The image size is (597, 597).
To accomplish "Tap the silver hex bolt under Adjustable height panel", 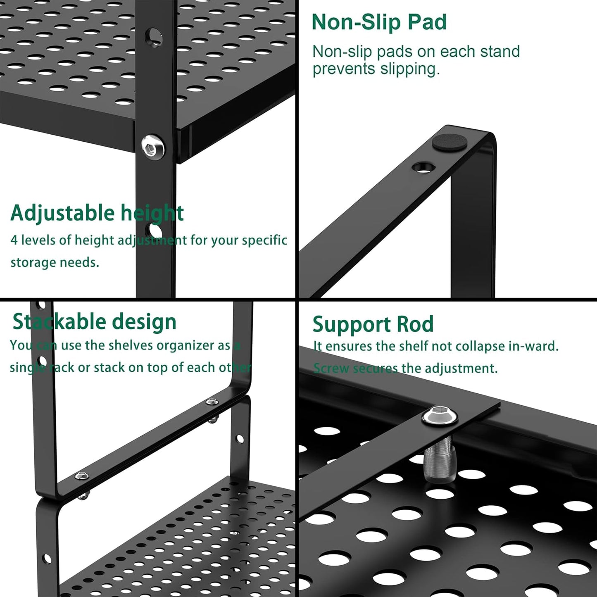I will [x=152, y=146].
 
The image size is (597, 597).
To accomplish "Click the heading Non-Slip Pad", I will [x=379, y=22].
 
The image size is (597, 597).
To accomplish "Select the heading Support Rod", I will [x=373, y=324].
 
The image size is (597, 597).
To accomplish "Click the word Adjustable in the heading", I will [x=62, y=213].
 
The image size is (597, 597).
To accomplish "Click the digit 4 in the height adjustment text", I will [x=14, y=240].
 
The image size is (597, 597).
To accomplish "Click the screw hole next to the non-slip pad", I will [x=423, y=167].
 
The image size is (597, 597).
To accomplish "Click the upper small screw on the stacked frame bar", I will [x=212, y=401].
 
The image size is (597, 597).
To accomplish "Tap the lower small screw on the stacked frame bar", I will [x=82, y=476].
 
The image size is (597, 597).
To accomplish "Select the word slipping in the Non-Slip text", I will [x=409, y=69].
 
